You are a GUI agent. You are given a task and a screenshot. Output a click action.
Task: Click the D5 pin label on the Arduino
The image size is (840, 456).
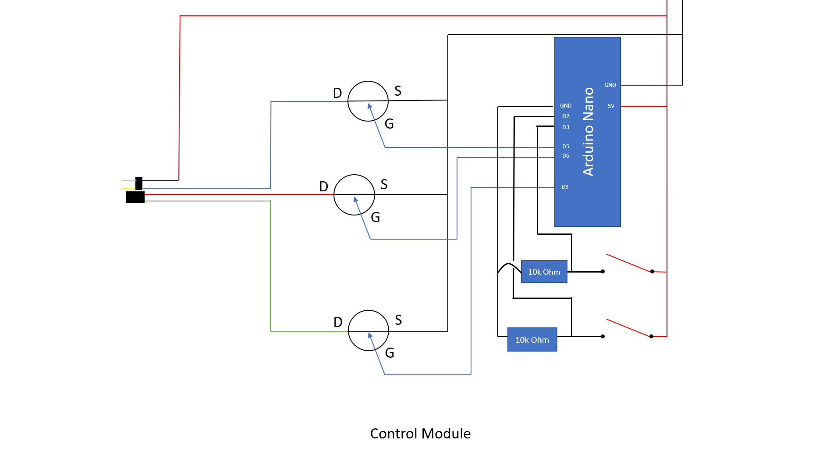click(x=566, y=147)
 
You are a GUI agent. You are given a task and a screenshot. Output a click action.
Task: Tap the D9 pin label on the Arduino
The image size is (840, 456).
click(x=565, y=187)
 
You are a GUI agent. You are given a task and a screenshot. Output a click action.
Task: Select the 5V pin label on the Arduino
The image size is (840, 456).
click(x=611, y=106)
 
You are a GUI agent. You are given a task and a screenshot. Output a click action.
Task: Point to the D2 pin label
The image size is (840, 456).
click(x=566, y=116)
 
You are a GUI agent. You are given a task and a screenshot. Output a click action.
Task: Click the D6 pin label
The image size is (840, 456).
click(x=566, y=156)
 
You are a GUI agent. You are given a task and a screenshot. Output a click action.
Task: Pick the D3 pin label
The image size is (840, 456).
click(x=566, y=127)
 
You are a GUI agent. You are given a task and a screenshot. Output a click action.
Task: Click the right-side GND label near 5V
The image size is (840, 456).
click(x=610, y=85)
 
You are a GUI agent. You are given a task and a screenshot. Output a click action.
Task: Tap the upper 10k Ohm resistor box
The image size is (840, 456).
click(x=544, y=272)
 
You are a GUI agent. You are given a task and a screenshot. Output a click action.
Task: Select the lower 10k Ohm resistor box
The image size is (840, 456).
click(x=532, y=340)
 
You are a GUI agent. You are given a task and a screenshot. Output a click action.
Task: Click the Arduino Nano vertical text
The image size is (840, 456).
click(x=588, y=132)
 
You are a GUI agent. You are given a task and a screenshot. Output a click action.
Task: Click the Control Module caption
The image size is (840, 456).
click(x=420, y=434)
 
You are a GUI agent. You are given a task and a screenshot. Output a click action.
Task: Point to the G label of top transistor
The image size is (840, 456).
click(x=389, y=124)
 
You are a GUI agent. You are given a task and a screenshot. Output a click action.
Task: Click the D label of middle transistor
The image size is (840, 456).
click(x=323, y=187)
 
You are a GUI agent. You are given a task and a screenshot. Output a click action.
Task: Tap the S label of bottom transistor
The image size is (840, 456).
click(x=398, y=320)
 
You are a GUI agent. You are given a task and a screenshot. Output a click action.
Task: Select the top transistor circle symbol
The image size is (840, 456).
click(x=368, y=101)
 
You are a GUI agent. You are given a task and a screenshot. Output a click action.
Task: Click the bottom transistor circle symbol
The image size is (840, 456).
click(x=368, y=330)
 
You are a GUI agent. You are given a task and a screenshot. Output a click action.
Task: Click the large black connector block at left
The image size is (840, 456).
click(x=135, y=197)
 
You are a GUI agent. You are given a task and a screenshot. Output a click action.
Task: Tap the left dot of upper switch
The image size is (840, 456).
click(x=603, y=272)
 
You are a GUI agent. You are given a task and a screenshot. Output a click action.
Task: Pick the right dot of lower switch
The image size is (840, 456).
click(x=651, y=337)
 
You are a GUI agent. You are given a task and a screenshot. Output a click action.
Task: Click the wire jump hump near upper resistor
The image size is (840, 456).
click(x=509, y=265)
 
